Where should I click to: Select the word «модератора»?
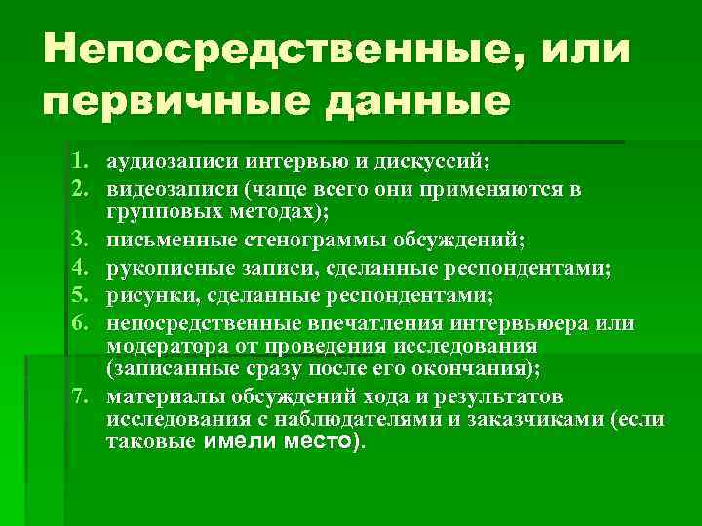click(160, 347)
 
